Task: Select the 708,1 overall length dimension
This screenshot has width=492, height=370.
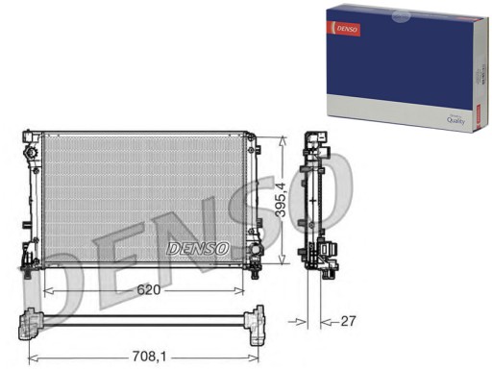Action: (x=146, y=357)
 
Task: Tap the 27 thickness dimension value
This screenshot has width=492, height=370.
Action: (x=347, y=321)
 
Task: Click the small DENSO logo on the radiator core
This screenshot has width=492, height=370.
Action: (x=198, y=248)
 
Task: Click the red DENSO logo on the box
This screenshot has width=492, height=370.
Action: (x=347, y=30)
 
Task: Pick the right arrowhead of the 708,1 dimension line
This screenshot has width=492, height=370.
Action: (x=262, y=357)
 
